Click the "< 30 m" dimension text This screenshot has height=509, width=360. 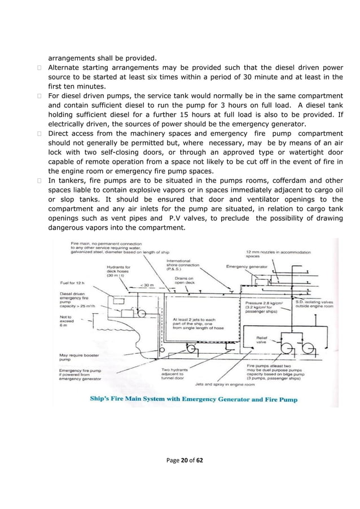click(148, 286)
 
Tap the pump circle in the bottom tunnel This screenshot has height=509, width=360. click(191, 348)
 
